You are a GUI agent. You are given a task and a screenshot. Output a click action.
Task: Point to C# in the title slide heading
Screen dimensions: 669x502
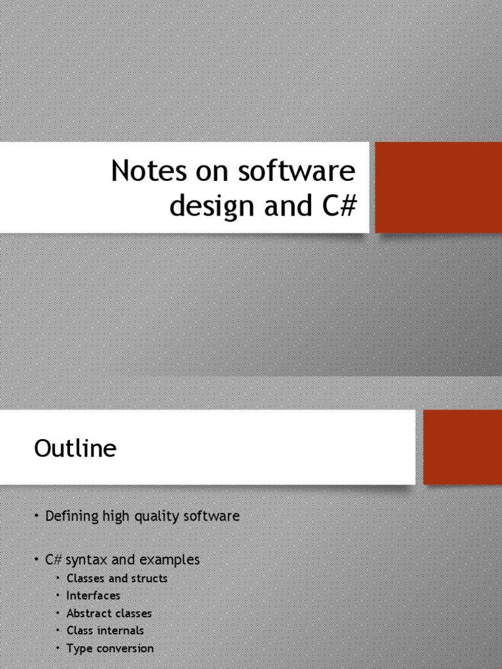338,206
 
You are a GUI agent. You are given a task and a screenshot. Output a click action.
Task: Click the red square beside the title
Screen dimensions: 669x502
438,188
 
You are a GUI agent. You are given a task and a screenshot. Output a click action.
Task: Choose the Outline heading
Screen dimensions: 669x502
75,449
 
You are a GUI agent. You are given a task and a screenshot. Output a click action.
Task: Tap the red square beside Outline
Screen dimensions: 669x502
462,447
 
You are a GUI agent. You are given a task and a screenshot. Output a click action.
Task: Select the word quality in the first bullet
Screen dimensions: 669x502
166,517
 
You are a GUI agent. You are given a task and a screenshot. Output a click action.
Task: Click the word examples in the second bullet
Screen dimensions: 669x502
169,560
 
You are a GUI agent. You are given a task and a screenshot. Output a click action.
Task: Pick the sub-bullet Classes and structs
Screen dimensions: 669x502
116,578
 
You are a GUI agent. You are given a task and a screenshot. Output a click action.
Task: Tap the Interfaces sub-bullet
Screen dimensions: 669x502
93,595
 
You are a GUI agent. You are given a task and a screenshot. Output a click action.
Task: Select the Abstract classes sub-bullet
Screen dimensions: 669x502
109,613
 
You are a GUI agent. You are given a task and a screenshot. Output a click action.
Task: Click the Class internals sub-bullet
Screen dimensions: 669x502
105,630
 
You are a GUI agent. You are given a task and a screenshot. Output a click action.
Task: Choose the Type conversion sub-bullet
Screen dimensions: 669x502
110,648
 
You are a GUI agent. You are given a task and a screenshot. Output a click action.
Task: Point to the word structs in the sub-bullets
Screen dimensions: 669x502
149,578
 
